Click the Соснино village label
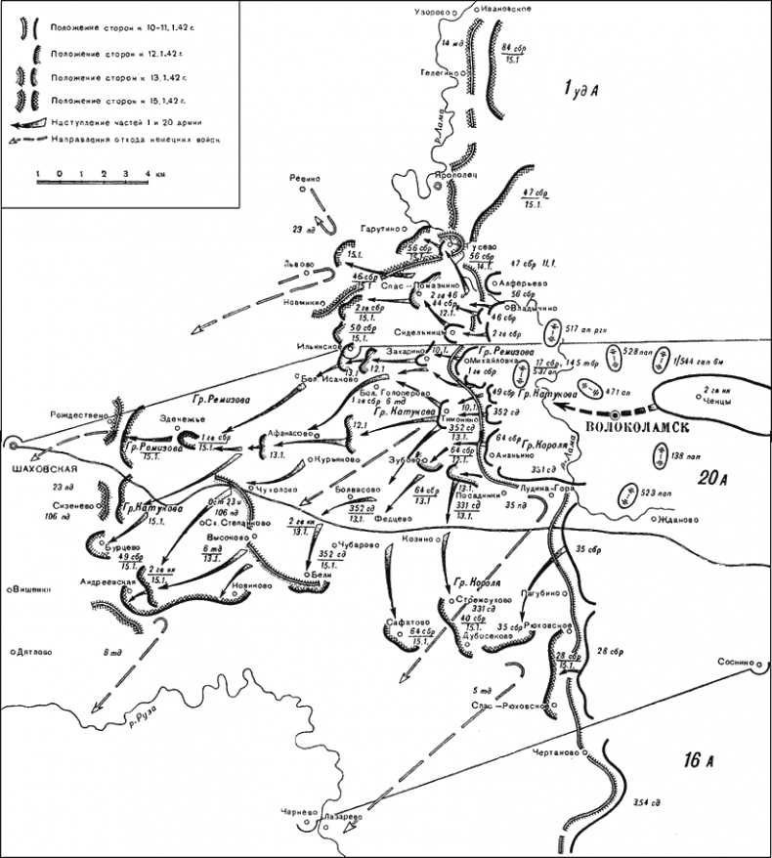(x=735, y=662)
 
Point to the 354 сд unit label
(x=646, y=802)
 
